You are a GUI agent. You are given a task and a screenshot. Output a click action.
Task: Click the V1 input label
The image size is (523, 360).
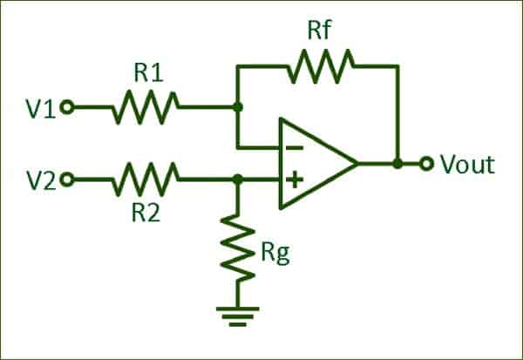coord(41,108)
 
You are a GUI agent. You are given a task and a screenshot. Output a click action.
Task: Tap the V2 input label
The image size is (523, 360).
coord(41,180)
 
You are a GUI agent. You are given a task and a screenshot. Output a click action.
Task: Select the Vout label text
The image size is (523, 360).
coord(467,164)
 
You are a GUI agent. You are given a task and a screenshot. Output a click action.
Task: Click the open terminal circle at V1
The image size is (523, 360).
coord(67,107)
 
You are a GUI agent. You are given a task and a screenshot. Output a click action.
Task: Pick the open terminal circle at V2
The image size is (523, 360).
coord(67,180)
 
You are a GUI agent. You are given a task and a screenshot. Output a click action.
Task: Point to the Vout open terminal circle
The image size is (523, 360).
coord(426,164)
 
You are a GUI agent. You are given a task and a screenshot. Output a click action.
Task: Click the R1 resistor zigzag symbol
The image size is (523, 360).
coord(146,107)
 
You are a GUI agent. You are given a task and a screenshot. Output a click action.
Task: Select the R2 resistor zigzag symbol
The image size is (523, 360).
coord(146,180)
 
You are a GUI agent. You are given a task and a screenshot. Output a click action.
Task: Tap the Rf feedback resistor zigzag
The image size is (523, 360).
coord(320,66)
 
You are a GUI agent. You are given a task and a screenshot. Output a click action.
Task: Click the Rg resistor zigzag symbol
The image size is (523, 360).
coord(237,248)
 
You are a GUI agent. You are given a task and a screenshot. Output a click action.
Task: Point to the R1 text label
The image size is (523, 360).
coord(148,72)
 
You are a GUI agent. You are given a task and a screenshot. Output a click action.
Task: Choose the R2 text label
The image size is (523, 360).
coord(146,212)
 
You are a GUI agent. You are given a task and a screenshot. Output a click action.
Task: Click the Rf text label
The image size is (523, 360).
coord(319,30)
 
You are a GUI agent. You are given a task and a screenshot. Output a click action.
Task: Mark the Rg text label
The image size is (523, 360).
coord(275,254)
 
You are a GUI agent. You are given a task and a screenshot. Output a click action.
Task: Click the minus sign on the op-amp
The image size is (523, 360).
coord(295,148)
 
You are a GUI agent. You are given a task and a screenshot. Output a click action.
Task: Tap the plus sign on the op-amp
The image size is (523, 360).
coord(295,180)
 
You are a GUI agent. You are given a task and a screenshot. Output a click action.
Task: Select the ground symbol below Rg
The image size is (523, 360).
coord(237,316)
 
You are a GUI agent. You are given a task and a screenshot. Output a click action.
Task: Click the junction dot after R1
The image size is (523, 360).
coord(237,107)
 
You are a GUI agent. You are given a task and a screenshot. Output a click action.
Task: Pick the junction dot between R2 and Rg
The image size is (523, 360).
coord(237,180)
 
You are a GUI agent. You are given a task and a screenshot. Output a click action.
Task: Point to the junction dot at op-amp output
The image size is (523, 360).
coord(397,164)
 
